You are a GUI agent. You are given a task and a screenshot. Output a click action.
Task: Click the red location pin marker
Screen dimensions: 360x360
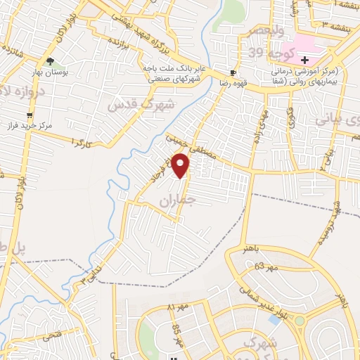tap(181, 166)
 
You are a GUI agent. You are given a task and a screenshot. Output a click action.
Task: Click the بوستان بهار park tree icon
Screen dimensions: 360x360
tap(50, 60)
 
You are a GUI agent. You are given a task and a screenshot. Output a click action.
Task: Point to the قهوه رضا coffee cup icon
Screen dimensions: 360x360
tap(233, 73)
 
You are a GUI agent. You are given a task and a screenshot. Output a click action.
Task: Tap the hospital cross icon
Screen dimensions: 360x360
tap(304, 60)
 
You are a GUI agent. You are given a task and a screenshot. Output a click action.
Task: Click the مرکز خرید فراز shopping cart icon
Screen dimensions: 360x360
tap(29, 115)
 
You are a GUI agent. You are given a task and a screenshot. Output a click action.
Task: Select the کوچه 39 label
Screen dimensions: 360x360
tap(266, 52)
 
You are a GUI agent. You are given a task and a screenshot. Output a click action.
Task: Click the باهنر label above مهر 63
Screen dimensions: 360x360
tap(254, 249)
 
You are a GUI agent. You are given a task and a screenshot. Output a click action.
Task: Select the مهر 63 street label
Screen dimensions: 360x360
tap(266, 266)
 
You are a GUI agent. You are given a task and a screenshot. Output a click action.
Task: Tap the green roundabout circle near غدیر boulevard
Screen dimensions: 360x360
tap(300, 322)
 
